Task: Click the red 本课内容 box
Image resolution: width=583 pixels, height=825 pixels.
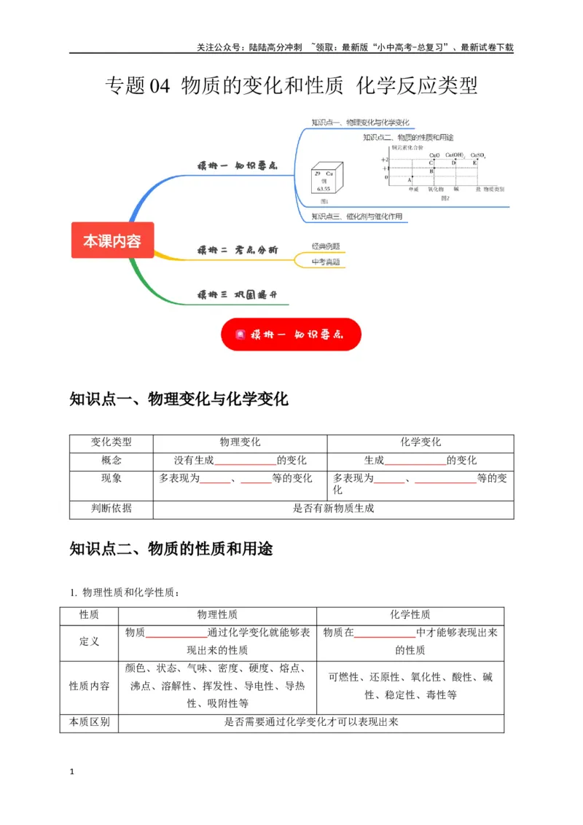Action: (x=112, y=241)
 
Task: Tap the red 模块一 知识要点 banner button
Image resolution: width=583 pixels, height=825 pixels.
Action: (x=291, y=335)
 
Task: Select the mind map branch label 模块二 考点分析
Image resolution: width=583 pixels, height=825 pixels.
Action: (x=237, y=250)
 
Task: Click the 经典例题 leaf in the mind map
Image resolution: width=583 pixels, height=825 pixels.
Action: (x=325, y=246)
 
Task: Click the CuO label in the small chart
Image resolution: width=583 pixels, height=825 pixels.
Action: (x=434, y=155)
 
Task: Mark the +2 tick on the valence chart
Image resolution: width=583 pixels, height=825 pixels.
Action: (x=385, y=159)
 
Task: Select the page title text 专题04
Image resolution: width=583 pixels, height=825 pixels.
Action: (x=138, y=86)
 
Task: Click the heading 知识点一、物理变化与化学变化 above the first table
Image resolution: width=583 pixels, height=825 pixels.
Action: (x=179, y=399)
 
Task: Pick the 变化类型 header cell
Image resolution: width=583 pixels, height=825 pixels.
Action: (x=111, y=442)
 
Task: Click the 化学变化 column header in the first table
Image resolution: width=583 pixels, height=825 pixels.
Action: (x=420, y=442)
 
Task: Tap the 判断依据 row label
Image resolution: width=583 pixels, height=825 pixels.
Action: (x=111, y=509)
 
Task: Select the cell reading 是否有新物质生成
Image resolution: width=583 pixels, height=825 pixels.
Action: (x=333, y=509)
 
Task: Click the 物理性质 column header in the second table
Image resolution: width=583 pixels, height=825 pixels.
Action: (x=217, y=614)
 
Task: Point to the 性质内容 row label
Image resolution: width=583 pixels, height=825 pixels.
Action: (x=89, y=686)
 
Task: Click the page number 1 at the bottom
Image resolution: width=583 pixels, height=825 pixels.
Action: (x=71, y=771)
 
